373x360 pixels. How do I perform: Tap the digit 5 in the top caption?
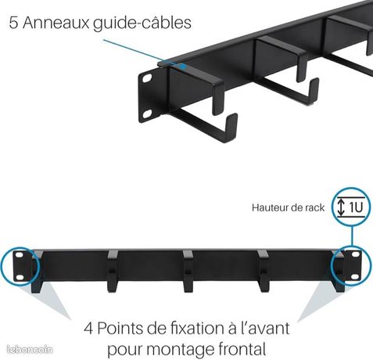point(13,23)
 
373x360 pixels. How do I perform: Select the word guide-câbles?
point(142,23)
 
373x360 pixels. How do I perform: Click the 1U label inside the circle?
point(356,207)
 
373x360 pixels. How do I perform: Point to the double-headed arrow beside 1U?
point(341,207)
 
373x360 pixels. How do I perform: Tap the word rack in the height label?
point(314,208)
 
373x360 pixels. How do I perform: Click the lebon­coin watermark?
point(30,350)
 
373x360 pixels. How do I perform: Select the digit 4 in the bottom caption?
point(88,329)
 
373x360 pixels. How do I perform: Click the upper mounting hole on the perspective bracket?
point(148,78)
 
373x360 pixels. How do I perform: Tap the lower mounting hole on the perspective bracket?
point(148,113)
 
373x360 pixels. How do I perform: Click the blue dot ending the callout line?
point(184,67)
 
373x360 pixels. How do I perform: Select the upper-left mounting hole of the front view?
point(20,254)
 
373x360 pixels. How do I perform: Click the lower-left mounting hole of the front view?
point(20,277)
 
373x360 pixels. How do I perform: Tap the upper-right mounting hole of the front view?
point(355,254)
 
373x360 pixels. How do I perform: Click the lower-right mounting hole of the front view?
point(355,276)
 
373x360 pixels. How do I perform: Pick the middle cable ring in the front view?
point(188,272)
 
